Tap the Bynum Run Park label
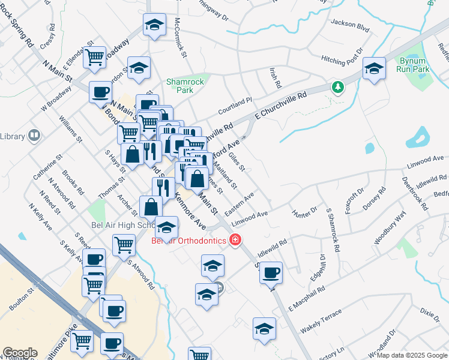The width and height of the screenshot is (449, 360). [x=413, y=65]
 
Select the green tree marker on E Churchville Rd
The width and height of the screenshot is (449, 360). [x=339, y=88]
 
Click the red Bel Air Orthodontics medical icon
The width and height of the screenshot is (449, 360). [x=236, y=241]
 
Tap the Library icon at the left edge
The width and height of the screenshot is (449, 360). [x=34, y=136]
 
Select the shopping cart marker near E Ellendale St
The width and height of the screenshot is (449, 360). [x=94, y=57]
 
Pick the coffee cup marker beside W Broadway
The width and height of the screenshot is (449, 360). [x=100, y=92]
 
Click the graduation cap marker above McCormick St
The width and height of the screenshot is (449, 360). [x=154, y=25]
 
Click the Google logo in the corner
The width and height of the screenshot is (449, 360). [x=20, y=352]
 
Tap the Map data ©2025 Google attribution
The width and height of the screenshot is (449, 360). [x=411, y=355]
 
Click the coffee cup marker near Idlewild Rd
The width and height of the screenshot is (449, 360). [x=271, y=272]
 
